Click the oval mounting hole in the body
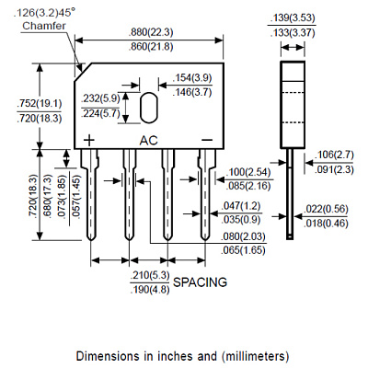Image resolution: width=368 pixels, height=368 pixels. [149, 108]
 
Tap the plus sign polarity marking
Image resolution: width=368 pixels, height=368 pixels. [89, 141]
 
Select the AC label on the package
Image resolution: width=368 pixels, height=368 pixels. [148, 141]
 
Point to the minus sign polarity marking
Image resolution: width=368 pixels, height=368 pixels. [207, 140]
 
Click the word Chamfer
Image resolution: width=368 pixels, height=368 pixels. [44, 26]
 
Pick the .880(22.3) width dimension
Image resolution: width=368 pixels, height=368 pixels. [151, 32]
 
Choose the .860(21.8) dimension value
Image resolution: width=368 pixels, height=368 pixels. [151, 47]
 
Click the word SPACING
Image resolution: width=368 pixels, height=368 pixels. [200, 282]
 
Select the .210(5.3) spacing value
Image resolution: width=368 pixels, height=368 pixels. [150, 275]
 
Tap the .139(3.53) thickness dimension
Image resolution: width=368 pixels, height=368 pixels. [293, 17]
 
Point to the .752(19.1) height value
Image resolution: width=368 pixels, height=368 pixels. [40, 103]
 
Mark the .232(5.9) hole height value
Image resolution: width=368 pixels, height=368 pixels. [100, 98]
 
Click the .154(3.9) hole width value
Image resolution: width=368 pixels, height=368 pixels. [192, 77]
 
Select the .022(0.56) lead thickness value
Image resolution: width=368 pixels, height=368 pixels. [326, 209]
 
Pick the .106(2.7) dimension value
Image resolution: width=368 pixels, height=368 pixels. [334, 155]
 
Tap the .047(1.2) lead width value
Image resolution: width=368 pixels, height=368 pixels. [240, 205]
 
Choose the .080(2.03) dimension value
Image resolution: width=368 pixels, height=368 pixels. [243, 236]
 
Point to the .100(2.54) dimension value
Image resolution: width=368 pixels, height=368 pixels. [248, 172]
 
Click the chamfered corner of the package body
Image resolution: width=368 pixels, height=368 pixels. [83, 73]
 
